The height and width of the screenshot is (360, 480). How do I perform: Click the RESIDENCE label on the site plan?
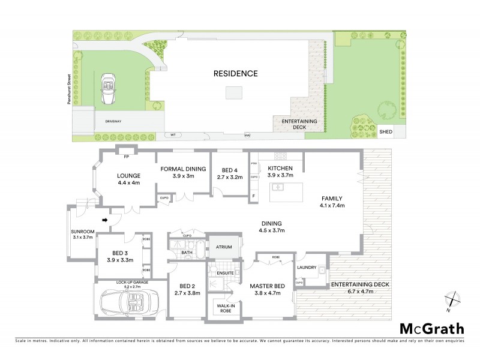(x=236, y=74)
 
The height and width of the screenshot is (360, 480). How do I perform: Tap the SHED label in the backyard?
(x=386, y=131)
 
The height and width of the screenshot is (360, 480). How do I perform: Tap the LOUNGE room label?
(x=129, y=176)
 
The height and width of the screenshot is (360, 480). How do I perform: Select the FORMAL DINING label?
(x=184, y=169)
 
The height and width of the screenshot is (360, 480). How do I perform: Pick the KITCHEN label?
(x=280, y=169)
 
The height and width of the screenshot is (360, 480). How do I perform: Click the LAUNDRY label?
(x=307, y=268)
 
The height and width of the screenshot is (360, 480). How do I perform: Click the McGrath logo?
(x=431, y=328)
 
